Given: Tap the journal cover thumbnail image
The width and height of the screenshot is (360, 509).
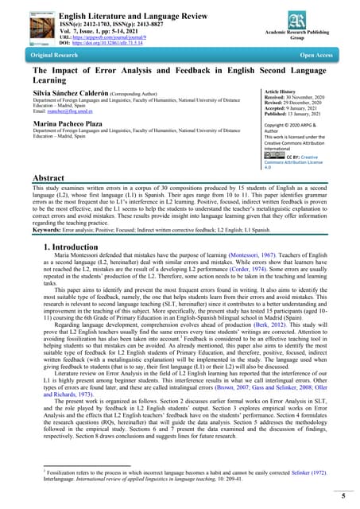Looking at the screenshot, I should [x=25, y=26].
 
